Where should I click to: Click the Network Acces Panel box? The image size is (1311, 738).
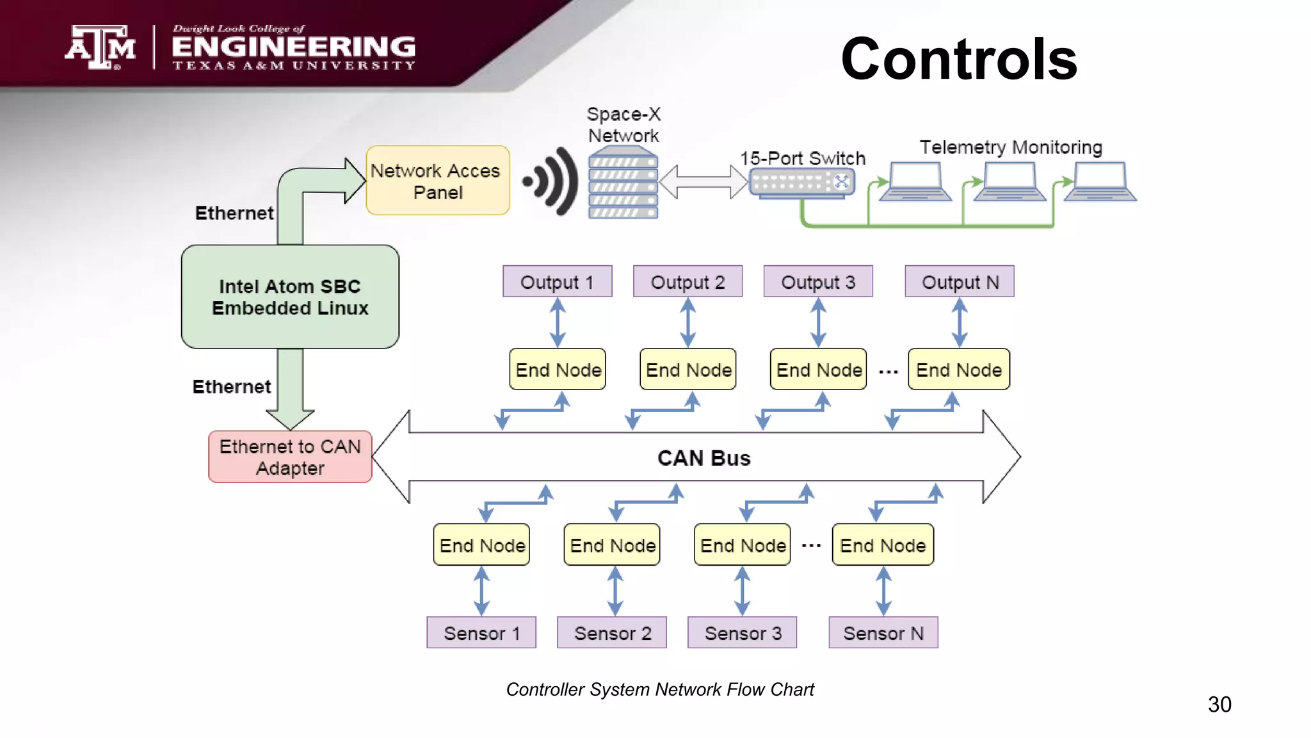(438, 181)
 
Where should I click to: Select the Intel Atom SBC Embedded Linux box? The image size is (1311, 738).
(290, 297)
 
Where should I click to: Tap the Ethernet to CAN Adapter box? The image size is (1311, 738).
(290, 457)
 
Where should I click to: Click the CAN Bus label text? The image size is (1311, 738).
(704, 458)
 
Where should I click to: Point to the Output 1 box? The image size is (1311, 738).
(557, 282)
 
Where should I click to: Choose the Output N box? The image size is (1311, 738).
(959, 282)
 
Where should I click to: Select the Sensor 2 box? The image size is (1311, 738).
(612, 633)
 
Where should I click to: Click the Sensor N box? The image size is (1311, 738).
(883, 633)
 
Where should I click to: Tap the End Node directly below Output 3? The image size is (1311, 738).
(818, 370)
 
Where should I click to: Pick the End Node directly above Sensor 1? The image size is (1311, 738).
(481, 545)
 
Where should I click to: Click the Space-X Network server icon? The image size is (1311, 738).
(623, 183)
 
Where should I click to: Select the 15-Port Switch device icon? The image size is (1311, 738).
(801, 183)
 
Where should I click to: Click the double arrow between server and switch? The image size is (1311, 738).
(704, 181)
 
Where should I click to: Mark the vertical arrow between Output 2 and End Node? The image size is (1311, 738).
(688, 323)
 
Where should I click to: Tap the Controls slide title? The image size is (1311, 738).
(958, 59)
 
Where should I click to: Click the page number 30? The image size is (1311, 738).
(1219, 704)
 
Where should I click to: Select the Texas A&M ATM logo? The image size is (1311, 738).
(100, 47)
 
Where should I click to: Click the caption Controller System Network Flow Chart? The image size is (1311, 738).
(659, 689)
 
